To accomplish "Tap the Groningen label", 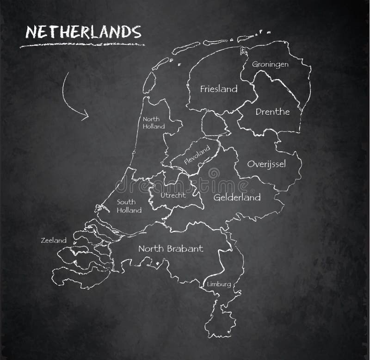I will (x=270, y=64).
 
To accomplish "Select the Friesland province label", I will (x=219, y=88).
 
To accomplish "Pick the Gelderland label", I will (x=237, y=198).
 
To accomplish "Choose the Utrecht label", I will (x=173, y=195).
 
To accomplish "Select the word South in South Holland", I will (x=125, y=202).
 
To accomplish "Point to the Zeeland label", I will (x=54, y=240).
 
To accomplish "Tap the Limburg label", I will (x=219, y=284).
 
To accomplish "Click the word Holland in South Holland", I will (x=129, y=211).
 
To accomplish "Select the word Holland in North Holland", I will (x=153, y=126).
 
